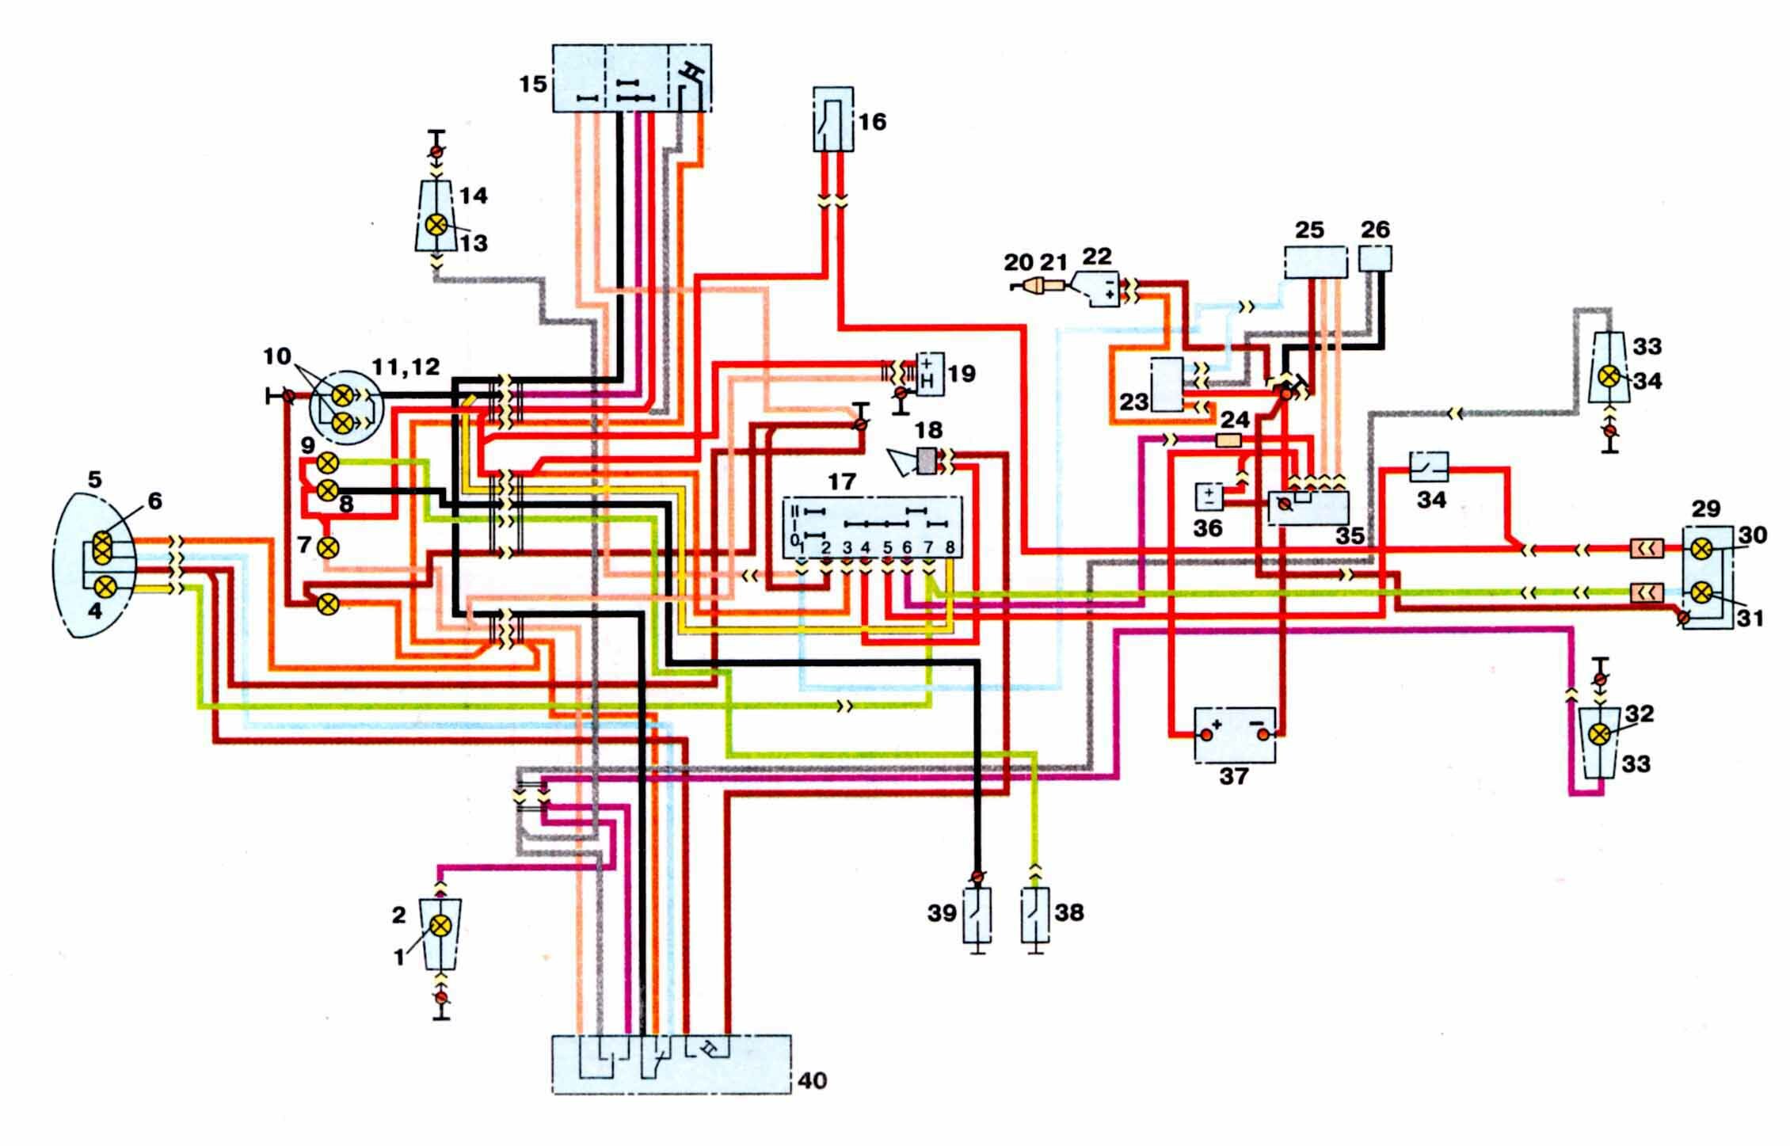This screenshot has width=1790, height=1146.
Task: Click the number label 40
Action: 811,1080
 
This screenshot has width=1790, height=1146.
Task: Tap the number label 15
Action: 534,83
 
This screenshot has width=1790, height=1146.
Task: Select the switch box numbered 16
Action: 833,120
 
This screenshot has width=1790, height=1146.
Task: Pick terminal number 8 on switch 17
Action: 950,547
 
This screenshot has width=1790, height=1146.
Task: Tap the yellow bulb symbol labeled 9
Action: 328,463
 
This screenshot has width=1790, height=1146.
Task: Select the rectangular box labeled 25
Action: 1314,262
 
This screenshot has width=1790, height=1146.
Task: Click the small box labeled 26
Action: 1376,259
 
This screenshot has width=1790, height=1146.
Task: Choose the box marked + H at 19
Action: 929,374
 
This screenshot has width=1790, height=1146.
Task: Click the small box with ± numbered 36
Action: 1209,497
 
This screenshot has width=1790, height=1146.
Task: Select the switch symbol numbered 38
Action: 1034,915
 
